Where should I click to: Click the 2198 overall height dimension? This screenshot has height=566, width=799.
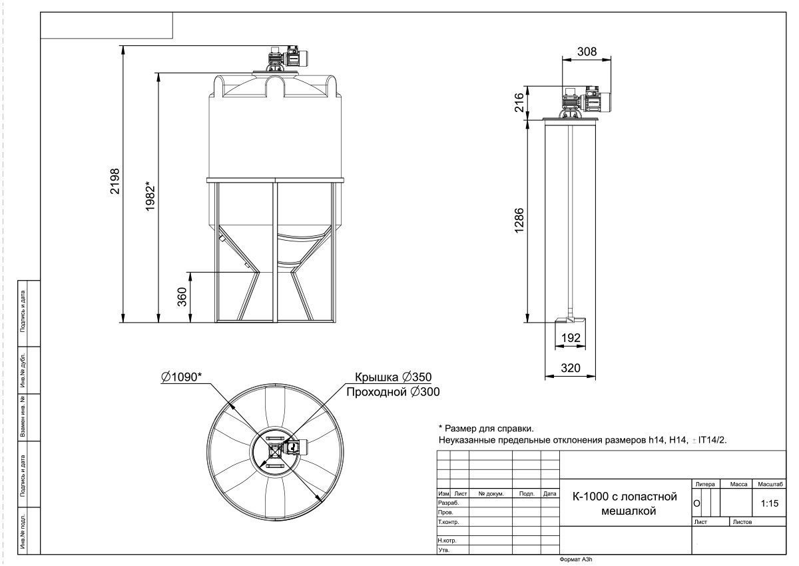click(x=115, y=181)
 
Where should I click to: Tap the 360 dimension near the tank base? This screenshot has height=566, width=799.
click(x=182, y=297)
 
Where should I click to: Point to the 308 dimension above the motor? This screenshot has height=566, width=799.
click(x=587, y=52)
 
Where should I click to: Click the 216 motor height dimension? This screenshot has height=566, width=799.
click(x=519, y=102)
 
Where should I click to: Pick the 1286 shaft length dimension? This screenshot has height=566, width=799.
click(x=519, y=221)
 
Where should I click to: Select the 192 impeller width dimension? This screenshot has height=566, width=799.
click(x=571, y=337)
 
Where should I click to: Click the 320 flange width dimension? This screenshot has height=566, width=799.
click(x=571, y=368)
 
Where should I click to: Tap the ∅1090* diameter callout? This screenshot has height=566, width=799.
click(x=181, y=377)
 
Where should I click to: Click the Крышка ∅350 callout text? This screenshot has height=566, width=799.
click(x=393, y=377)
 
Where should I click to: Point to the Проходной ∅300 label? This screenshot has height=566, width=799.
click(x=393, y=392)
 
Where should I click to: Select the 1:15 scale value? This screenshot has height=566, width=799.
click(x=770, y=503)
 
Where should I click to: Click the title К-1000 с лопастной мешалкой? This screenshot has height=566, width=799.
click(x=625, y=503)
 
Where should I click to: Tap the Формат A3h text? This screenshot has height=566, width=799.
click(x=576, y=559)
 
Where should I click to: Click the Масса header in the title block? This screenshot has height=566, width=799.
click(x=738, y=484)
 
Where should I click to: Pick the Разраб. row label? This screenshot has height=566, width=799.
click(x=448, y=503)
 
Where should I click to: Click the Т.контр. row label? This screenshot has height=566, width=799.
click(x=448, y=522)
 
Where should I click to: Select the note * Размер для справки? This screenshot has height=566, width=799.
click(x=486, y=428)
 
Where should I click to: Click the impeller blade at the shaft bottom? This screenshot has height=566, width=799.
click(x=571, y=320)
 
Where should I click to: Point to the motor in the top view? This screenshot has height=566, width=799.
click(x=296, y=447)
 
